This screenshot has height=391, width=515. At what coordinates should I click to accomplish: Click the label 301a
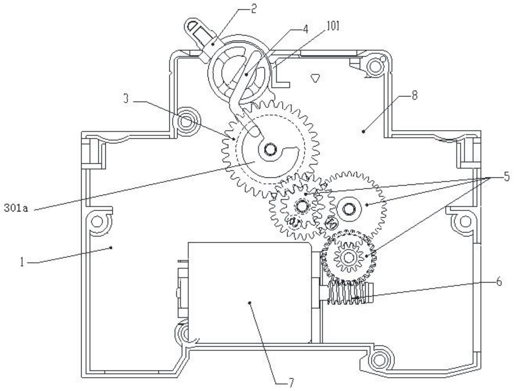(x=16, y=208)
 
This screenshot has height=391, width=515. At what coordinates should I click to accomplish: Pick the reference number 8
(x=414, y=96)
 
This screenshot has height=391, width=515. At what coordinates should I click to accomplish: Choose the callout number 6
(x=499, y=282)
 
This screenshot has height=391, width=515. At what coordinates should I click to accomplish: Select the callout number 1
(x=22, y=261)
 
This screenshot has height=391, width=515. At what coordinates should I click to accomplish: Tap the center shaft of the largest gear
(x=269, y=149)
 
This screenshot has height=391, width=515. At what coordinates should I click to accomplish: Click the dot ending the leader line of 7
(x=250, y=303)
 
